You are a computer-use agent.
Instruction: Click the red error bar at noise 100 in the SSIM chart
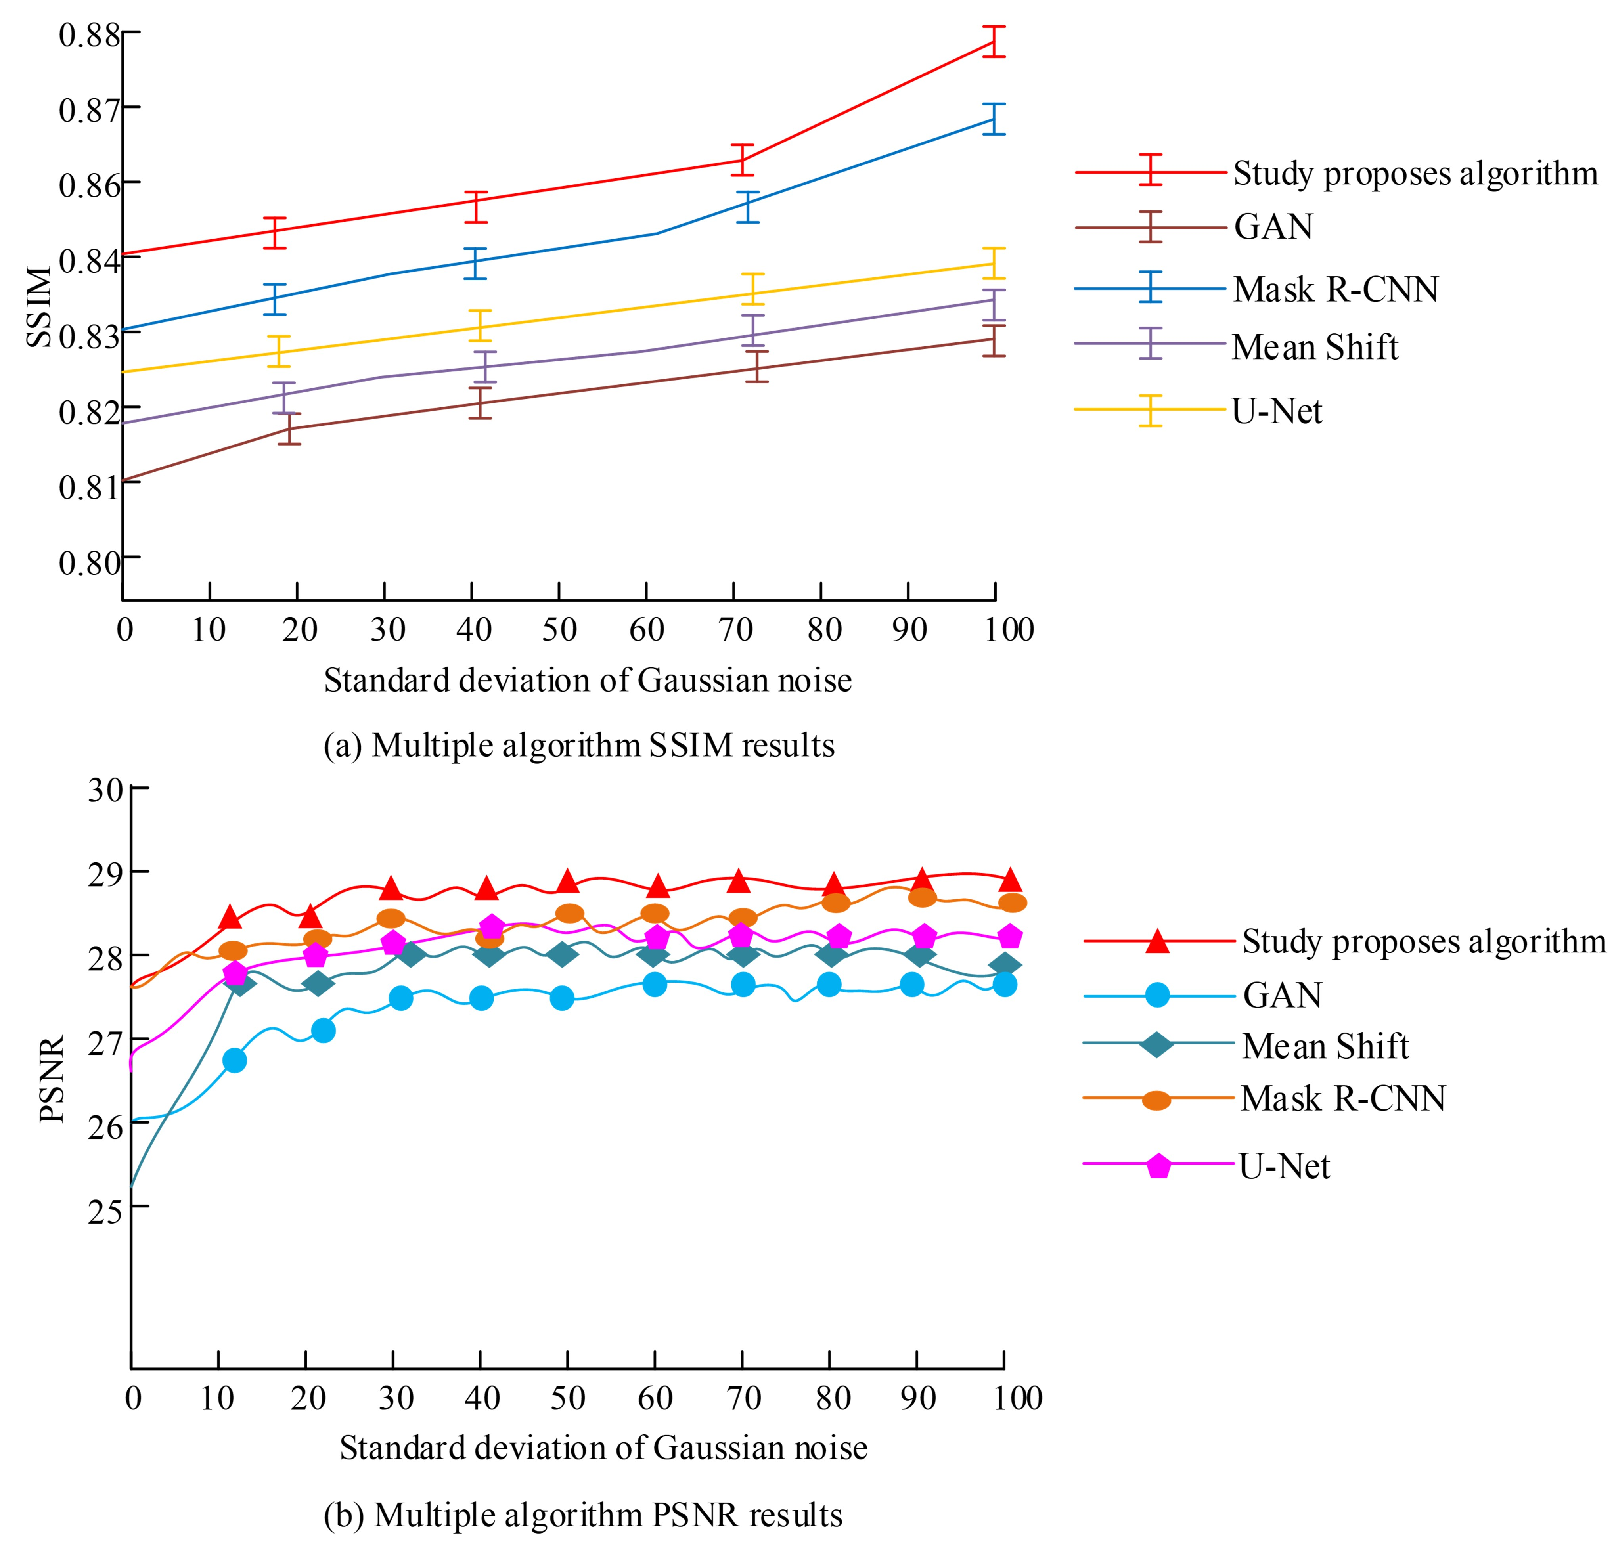tap(995, 42)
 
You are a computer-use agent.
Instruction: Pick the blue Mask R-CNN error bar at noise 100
tap(995, 119)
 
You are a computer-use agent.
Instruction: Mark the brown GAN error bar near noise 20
tap(289, 429)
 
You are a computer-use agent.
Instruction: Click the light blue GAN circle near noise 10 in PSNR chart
tap(235, 1060)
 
